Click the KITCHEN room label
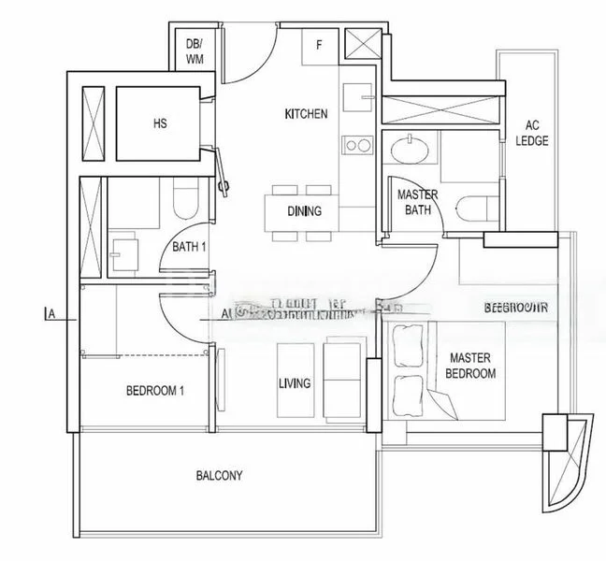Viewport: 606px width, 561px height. tap(306, 114)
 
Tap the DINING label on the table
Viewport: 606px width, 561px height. tap(304, 211)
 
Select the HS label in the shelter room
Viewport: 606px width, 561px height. tap(159, 122)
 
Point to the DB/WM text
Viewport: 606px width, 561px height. tap(195, 50)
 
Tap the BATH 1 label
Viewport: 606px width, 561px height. tap(189, 248)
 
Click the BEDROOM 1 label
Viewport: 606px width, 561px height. tap(154, 391)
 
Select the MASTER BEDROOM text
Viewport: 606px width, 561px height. tap(471, 366)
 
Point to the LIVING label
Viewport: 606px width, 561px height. tap(295, 384)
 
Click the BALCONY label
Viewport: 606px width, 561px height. tap(220, 475)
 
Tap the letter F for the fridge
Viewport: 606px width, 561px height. tap(319, 43)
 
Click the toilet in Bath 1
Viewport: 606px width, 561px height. tap(183, 199)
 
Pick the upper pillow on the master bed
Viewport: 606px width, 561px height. tap(409, 345)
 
